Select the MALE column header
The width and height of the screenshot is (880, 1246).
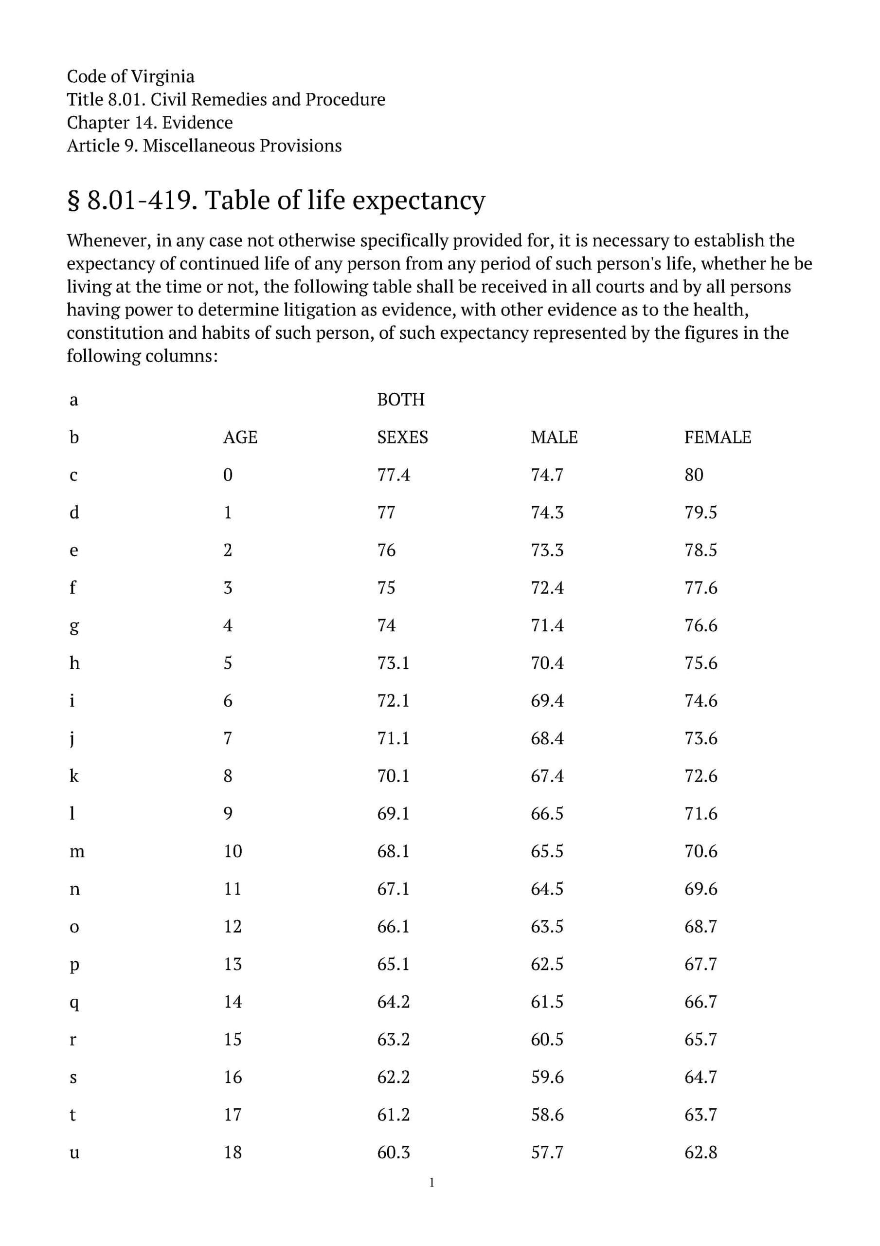point(554,438)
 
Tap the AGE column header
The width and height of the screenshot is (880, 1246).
point(240,438)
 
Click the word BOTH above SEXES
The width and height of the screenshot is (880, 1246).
point(400,400)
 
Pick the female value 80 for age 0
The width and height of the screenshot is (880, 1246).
point(693,475)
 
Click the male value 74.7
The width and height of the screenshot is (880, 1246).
point(547,475)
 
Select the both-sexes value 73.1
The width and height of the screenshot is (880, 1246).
point(394,663)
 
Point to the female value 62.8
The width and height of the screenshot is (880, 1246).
point(700,1152)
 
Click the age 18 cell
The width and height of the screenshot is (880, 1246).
point(233,1152)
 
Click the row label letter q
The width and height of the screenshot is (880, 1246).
point(74,1003)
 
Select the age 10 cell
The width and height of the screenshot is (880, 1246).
point(233,851)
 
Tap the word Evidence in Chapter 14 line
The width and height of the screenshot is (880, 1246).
point(198,123)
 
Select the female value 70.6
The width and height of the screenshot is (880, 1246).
point(700,851)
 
